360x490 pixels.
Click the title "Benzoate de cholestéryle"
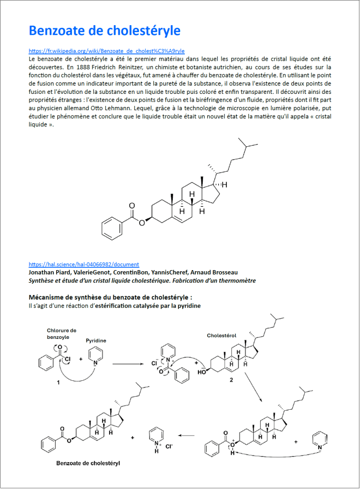[104, 29]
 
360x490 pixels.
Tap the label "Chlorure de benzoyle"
[62, 333]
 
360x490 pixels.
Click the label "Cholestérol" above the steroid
[222, 336]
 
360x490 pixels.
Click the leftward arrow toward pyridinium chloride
[188, 435]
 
